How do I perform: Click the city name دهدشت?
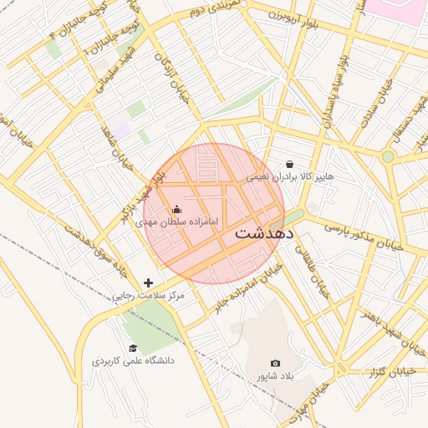tap(263, 233)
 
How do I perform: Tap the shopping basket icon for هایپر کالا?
tap(289, 165)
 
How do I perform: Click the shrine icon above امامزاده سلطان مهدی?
tap(176, 210)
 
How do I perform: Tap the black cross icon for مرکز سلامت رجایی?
tap(149, 283)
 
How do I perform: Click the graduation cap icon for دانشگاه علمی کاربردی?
tap(133, 349)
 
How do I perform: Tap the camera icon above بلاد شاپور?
tap(276, 364)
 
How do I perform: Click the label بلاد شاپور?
tap(276, 378)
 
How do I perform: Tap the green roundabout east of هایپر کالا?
tap(387, 156)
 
